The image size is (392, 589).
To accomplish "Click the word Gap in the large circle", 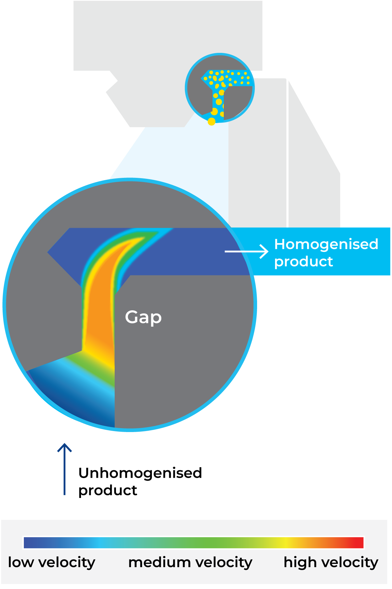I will tap(143, 317).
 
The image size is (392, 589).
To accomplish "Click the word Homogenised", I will tap(326, 244).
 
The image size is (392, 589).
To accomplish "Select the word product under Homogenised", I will tap(303, 261).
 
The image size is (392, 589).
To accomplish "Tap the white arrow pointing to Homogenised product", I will tap(247, 252).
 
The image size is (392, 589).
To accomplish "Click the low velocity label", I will tap(52, 562).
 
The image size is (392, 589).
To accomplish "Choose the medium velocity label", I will tap(190, 562).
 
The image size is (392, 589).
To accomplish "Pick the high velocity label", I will tap(331, 562).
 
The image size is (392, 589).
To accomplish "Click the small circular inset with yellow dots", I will tap(220, 88).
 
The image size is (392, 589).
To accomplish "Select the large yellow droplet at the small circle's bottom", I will tap(212, 121).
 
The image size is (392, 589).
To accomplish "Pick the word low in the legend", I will tap(21, 562).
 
